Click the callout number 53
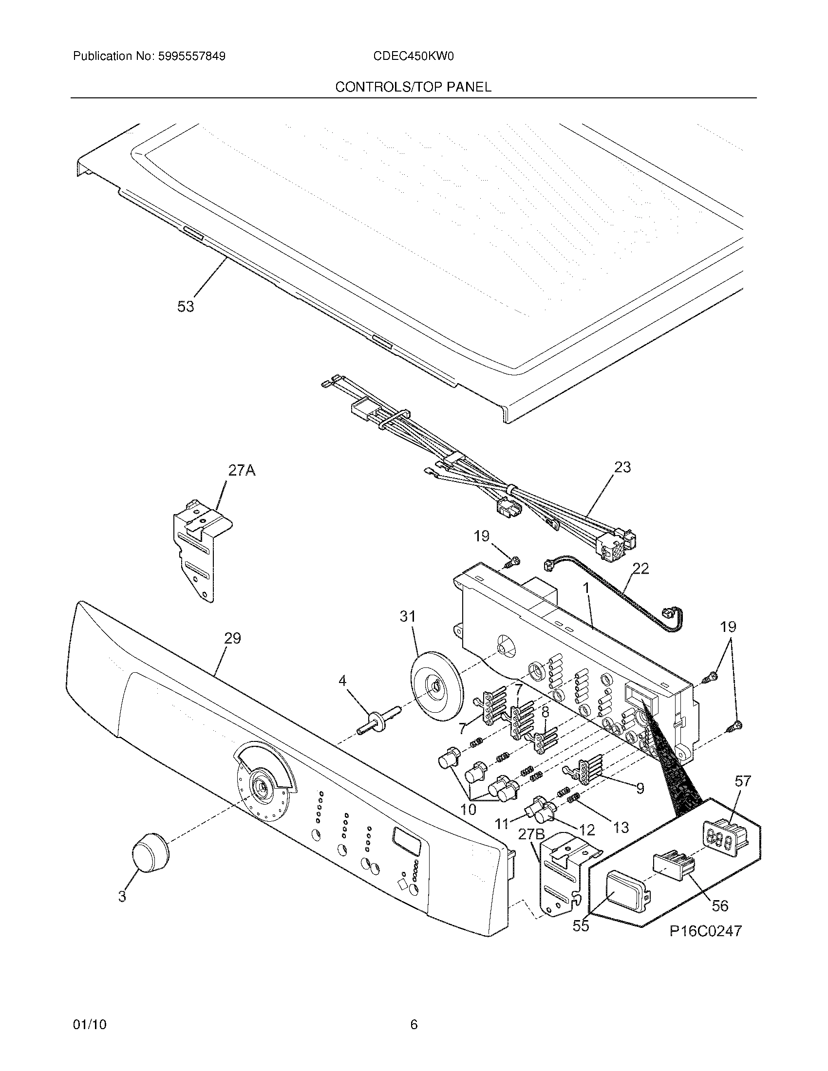click(186, 307)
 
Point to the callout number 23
click(622, 467)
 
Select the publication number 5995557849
click(191, 56)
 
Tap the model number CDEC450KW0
click(413, 56)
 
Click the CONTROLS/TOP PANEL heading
click(413, 87)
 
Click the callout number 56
click(720, 905)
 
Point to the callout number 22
click(640, 568)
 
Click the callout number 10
click(469, 809)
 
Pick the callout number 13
click(621, 827)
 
